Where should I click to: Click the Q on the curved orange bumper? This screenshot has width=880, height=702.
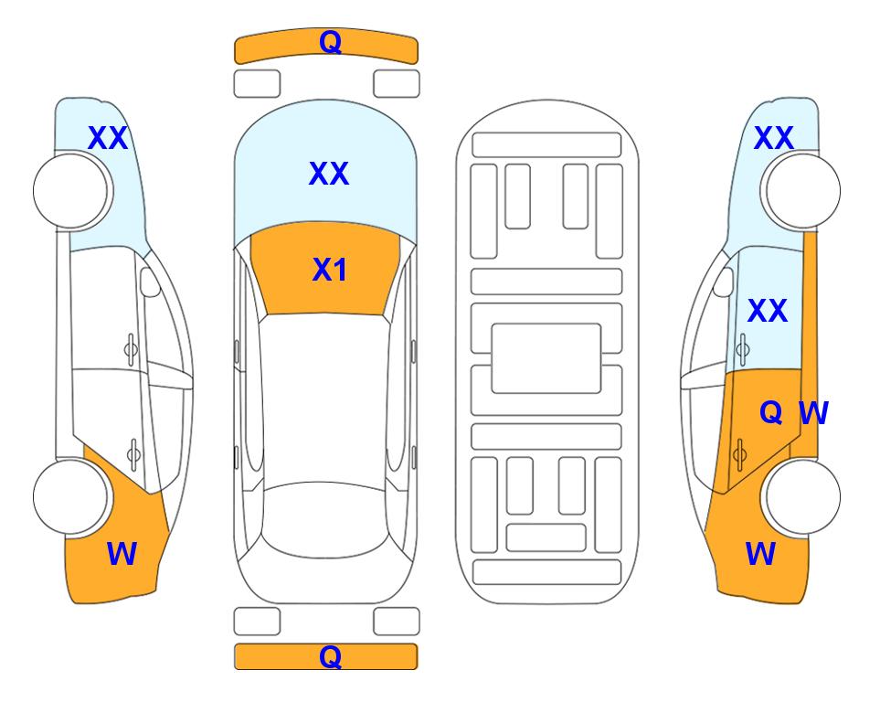point(330,41)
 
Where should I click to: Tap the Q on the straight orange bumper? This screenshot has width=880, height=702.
point(330,656)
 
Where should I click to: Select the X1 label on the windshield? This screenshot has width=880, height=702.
point(330,270)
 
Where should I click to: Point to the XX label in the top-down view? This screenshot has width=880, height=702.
point(329,173)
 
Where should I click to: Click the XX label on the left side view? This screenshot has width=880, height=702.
point(108,138)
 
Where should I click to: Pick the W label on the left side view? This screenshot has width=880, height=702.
point(122,553)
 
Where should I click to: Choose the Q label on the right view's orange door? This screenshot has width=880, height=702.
point(770,413)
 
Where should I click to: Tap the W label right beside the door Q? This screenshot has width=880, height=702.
point(813,413)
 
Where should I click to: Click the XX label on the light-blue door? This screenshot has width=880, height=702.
point(768,311)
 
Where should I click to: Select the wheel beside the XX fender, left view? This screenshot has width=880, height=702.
point(71,191)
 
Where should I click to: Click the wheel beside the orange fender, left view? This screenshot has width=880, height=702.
point(70,496)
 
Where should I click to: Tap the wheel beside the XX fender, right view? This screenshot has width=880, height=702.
point(802,191)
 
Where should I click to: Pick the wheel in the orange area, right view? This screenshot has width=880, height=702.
point(802,496)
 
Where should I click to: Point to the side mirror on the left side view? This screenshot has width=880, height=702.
point(150,282)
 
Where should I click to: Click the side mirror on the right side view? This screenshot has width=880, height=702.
point(724,282)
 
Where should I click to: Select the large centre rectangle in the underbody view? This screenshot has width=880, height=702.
point(546,358)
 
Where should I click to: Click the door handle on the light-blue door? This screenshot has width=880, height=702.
point(743,349)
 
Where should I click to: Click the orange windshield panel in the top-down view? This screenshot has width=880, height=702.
point(325,269)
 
